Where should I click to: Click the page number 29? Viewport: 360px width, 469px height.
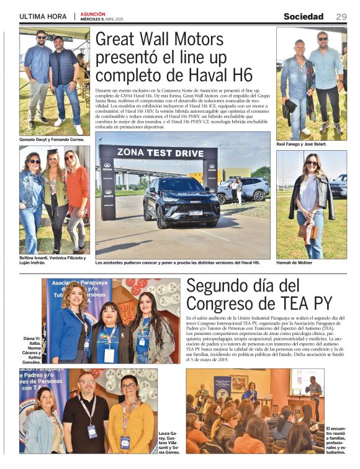click(x=341, y=17)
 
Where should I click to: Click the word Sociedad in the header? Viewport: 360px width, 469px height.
click(x=304, y=17)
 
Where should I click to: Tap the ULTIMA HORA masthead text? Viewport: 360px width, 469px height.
click(x=43, y=17)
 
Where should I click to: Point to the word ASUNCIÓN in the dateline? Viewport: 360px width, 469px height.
click(x=92, y=14)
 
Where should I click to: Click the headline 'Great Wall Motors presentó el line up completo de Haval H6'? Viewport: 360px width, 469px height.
click(x=174, y=57)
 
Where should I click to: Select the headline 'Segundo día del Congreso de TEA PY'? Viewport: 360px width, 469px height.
click(x=259, y=295)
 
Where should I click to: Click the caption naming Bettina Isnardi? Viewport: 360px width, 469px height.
click(x=53, y=260)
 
